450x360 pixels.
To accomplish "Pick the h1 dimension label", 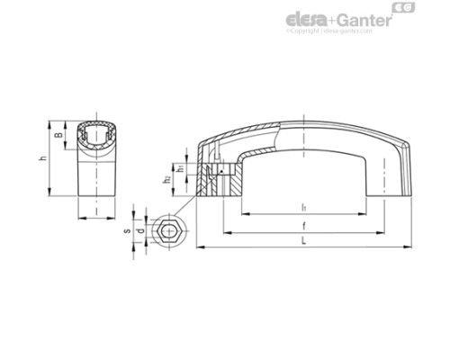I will tap(180, 168).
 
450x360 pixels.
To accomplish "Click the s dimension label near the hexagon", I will tap(127, 230).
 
